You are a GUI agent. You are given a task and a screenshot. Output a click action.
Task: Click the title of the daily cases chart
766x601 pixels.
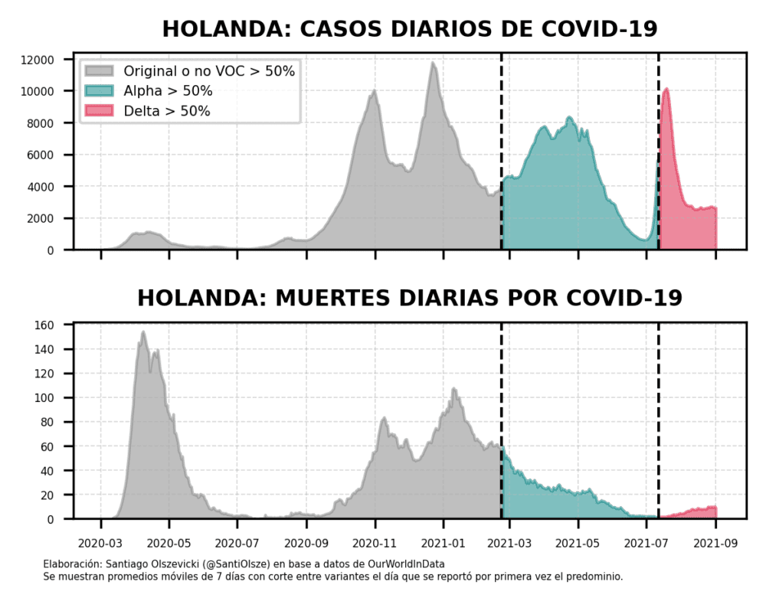pos(410,29)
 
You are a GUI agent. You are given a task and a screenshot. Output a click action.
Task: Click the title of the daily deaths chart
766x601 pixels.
pos(410,298)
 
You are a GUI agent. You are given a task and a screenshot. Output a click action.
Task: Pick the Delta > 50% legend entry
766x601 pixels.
pos(167,111)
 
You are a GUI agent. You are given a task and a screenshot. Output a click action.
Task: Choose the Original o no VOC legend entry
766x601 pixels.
pos(209,71)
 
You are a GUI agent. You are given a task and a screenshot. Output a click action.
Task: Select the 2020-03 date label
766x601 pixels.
pos(100,544)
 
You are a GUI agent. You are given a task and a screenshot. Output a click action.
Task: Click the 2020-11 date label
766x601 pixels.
pos(375,544)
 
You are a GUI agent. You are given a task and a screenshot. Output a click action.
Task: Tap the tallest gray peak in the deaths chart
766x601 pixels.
pos(143,333)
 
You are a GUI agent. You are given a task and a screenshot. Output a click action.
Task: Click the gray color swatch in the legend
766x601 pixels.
pos(98,71)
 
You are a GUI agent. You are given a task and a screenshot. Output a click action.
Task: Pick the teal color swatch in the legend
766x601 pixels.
pos(98,91)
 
